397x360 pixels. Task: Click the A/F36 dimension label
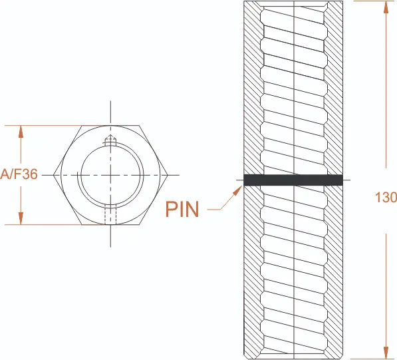coord(19,174)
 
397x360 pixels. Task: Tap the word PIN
coord(182,209)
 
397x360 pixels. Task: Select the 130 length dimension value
coord(386,197)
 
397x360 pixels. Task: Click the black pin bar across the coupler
coord(293,180)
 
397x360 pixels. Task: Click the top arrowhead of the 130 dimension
coord(386,7)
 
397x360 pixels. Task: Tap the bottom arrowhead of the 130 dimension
coord(386,353)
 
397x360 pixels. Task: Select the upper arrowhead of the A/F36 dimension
coord(21,132)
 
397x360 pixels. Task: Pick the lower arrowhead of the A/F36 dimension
coord(21,218)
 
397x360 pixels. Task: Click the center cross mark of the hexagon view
coord(110,175)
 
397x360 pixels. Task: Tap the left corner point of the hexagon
coord(54,175)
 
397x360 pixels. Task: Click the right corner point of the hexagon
coord(168,175)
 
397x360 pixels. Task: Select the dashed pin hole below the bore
coord(110,214)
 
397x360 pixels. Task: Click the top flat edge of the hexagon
coord(110,125)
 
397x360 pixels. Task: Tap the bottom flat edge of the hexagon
coord(110,224)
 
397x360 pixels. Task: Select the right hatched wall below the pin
coord(334,271)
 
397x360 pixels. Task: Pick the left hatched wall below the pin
coord(253,271)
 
